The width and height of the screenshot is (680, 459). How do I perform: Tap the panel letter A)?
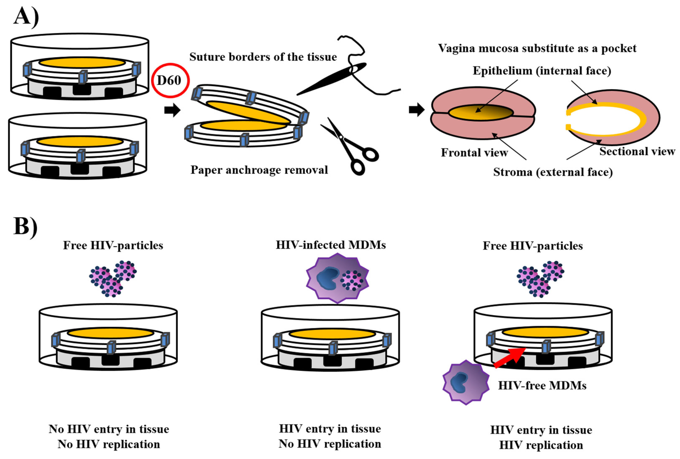point(26,17)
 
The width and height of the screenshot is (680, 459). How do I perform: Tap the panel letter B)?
point(25,226)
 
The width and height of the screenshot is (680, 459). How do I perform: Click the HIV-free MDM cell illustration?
point(466,382)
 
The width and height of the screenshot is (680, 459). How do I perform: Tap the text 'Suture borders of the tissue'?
point(263,57)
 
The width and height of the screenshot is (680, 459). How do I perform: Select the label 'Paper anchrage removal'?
point(259,170)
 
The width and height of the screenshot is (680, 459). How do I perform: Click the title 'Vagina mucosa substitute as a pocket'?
point(537,48)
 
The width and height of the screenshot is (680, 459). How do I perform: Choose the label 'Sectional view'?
point(637,151)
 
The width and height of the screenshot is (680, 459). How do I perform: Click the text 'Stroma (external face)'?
point(553,172)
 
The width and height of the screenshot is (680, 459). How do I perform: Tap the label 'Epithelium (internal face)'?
point(542,71)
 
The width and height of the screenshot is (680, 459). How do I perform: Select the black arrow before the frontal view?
point(416,110)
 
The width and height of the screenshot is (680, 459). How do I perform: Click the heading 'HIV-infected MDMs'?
point(331,245)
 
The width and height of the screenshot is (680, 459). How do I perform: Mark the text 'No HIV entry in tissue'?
point(109,429)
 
